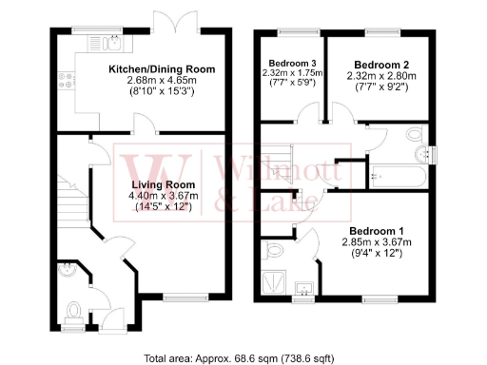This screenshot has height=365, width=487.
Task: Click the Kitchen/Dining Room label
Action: (x=161, y=69)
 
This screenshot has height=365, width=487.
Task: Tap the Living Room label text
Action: (x=163, y=184)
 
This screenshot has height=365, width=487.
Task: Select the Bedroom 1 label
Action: (x=377, y=231)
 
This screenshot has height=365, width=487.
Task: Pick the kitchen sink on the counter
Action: (x=112, y=42)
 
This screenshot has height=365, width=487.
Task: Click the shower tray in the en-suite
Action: (x=278, y=280)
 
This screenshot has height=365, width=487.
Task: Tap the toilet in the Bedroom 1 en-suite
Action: (x=275, y=249)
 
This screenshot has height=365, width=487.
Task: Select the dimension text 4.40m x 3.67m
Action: (x=163, y=196)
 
